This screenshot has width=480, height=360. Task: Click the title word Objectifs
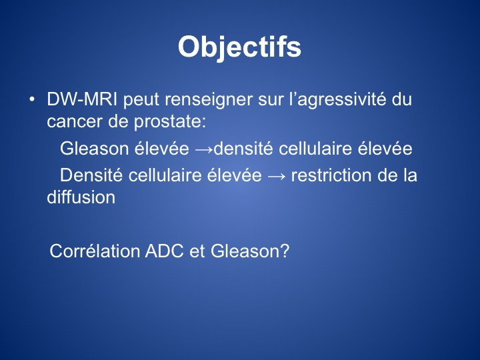(x=240, y=47)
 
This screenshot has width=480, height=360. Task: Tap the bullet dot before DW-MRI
(x=31, y=99)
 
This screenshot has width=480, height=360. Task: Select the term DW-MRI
(x=82, y=99)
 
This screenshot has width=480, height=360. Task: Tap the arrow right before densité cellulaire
(x=204, y=149)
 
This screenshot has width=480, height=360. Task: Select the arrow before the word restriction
(x=277, y=176)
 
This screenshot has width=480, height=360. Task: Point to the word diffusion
(x=81, y=197)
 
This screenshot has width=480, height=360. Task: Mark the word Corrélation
(x=95, y=251)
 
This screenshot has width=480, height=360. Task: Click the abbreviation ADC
(x=165, y=251)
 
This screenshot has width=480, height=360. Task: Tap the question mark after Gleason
(x=285, y=251)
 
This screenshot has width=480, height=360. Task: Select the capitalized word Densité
(x=91, y=175)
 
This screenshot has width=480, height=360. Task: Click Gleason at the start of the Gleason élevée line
(x=94, y=149)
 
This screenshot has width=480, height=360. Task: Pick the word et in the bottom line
(x=197, y=251)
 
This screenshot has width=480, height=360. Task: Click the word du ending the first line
(x=401, y=99)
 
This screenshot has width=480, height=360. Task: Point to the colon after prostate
(x=204, y=123)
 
